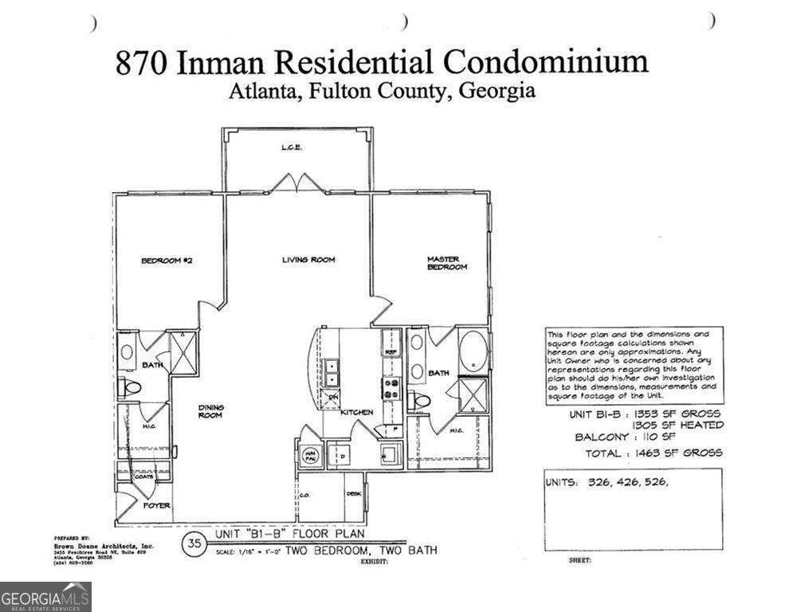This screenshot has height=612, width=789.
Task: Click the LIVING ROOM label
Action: [x=308, y=260]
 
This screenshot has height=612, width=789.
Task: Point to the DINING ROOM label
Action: [x=211, y=411]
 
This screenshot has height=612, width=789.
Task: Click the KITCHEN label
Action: [x=357, y=412]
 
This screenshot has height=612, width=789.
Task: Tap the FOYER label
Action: [x=156, y=505]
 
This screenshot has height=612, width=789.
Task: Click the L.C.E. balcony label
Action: [x=289, y=148]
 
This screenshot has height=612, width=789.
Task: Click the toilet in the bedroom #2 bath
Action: [x=130, y=388]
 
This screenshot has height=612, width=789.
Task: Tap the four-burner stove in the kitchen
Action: [x=392, y=388]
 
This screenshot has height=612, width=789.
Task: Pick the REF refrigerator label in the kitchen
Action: [x=391, y=351]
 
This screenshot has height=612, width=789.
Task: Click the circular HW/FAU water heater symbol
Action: [x=310, y=455]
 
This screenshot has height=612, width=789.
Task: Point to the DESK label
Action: [x=354, y=494]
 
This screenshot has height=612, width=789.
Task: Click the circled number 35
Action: [x=193, y=544]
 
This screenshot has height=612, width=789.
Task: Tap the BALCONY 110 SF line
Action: [x=626, y=437]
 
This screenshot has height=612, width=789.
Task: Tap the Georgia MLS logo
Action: [x=45, y=596]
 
